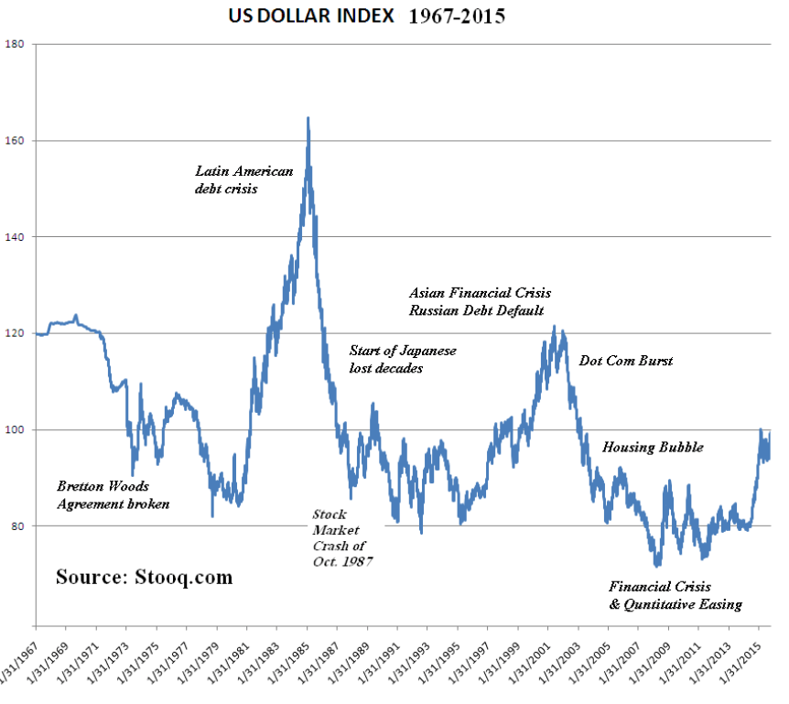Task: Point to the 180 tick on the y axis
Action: (x=17, y=44)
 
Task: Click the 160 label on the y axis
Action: (x=17, y=141)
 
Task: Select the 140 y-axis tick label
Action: (x=17, y=237)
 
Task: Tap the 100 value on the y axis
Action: (x=17, y=430)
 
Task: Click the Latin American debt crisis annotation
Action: (x=243, y=179)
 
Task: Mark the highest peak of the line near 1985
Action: (x=308, y=118)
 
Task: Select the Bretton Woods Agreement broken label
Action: (x=113, y=495)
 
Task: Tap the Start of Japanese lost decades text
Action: (x=403, y=359)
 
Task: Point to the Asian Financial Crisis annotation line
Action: (x=481, y=293)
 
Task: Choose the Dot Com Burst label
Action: (x=626, y=361)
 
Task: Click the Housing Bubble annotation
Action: (x=653, y=448)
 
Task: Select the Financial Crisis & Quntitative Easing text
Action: (x=675, y=595)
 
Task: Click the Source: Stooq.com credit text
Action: (x=144, y=578)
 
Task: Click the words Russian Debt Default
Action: (x=477, y=311)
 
